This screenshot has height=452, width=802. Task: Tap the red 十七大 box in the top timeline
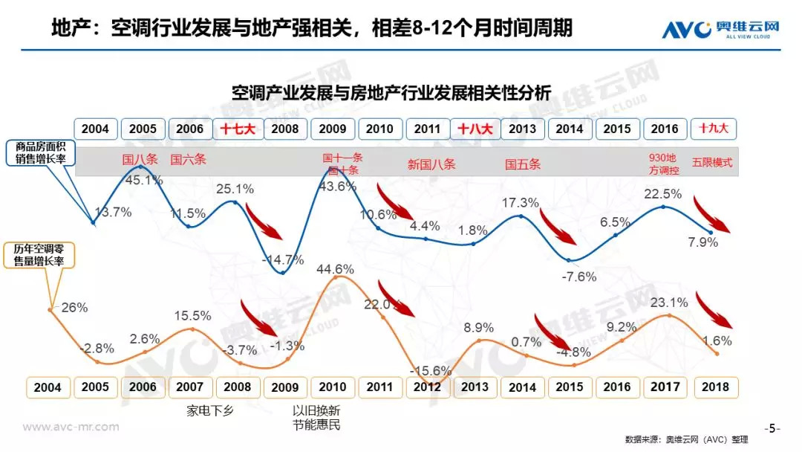pos(238,129)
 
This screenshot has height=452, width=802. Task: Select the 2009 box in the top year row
pos(332,129)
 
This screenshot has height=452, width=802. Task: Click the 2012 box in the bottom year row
pos(428,387)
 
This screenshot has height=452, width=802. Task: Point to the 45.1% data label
pos(144,179)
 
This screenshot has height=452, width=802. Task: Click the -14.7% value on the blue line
pos(283,259)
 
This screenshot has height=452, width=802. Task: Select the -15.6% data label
pos(431,370)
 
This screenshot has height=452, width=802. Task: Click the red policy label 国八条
pos(140,158)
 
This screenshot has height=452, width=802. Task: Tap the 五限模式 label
pos(711,163)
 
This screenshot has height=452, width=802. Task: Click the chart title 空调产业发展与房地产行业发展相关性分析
pos(391,94)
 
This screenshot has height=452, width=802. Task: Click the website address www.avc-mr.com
pos(71,427)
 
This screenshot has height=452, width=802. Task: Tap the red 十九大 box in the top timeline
pos(711,129)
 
